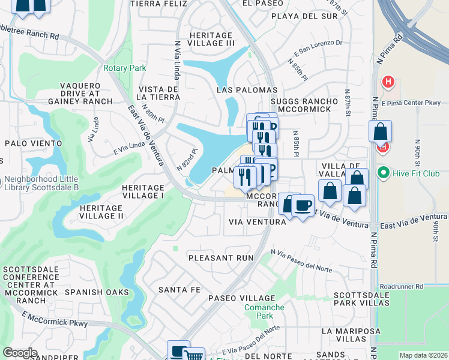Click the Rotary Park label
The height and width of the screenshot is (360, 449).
click(124, 68)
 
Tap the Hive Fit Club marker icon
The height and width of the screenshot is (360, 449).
click(383, 173)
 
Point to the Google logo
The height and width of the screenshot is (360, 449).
click(20, 352)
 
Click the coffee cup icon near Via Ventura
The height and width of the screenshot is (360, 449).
click(303, 206)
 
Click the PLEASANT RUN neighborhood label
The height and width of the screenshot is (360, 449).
click(220, 257)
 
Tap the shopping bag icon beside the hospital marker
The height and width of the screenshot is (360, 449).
click(381, 131)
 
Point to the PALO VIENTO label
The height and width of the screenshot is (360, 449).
click(33, 143)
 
